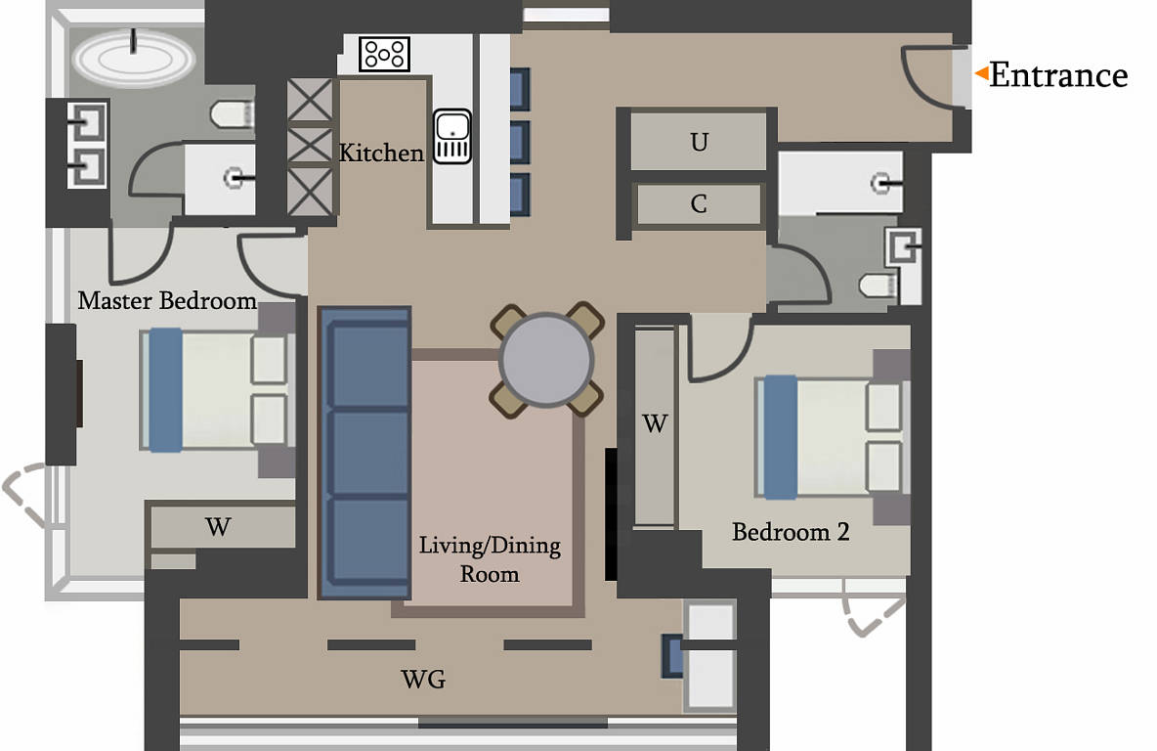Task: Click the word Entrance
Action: click(1058, 75)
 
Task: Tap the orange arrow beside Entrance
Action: click(981, 73)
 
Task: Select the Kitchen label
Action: click(381, 153)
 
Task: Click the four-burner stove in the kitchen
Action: click(384, 54)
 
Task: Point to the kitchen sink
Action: click(451, 137)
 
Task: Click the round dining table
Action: click(546, 360)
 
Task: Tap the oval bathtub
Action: click(134, 59)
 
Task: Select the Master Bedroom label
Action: click(167, 300)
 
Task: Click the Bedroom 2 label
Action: click(791, 532)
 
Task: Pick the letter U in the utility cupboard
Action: click(699, 142)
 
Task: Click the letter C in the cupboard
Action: click(698, 203)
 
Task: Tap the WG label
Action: click(423, 680)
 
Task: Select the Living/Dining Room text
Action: click(490, 559)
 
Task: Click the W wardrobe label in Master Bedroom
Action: click(219, 526)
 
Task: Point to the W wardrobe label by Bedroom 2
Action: click(656, 423)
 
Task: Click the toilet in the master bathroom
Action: click(233, 114)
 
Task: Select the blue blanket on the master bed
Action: click(165, 389)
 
